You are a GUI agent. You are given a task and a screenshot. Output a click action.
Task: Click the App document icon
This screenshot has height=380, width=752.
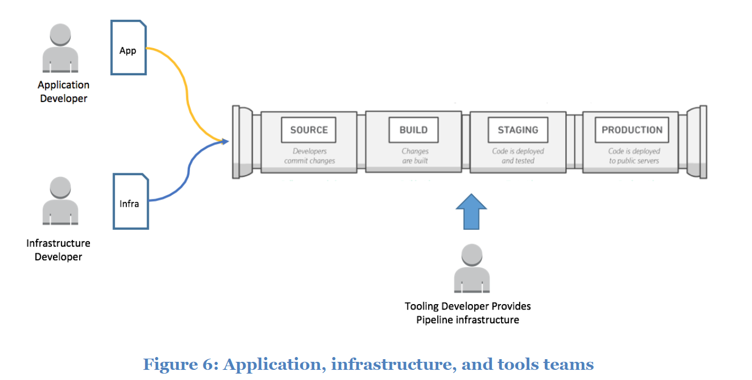[128, 48]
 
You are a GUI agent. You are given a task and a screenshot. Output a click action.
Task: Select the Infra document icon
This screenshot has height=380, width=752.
[130, 201]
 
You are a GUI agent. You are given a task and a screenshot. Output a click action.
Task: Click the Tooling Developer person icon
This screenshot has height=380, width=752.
[472, 269]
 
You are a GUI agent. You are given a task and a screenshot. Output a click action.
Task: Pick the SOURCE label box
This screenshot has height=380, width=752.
[309, 130]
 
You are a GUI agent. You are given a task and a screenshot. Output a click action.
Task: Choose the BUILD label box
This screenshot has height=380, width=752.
[414, 130]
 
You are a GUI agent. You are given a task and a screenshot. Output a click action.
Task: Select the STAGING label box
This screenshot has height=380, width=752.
[518, 130]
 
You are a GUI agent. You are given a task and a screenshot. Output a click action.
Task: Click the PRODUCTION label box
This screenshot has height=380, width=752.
[632, 130]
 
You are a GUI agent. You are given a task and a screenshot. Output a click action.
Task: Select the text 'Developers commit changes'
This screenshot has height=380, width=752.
[309, 156]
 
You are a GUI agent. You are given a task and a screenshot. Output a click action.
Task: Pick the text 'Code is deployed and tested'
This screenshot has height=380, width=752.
[518, 156]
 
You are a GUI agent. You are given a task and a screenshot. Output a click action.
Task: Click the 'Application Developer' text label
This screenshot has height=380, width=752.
[64, 91]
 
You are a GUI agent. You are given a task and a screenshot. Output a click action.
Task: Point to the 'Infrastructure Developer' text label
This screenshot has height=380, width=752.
[58, 250]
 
